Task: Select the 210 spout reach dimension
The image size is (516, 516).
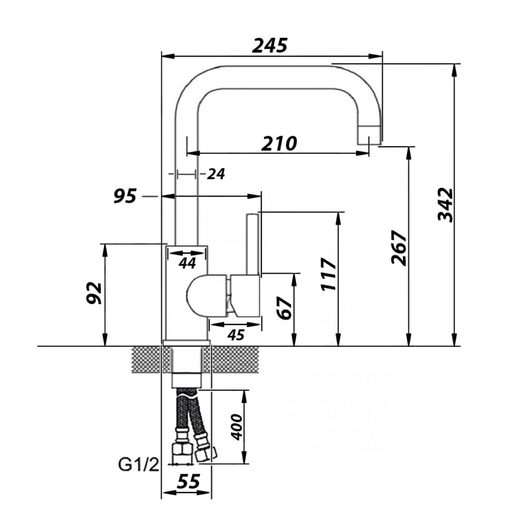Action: (x=279, y=143)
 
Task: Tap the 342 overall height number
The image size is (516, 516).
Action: (x=446, y=205)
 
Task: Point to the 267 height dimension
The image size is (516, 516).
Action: (x=399, y=248)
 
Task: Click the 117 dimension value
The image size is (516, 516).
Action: (x=329, y=274)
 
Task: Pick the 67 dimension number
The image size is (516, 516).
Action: (x=284, y=308)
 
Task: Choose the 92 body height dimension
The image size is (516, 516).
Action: (x=94, y=293)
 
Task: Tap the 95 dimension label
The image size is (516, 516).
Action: (x=125, y=196)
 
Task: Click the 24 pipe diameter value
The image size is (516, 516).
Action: (x=216, y=174)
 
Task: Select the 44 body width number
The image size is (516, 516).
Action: (x=187, y=263)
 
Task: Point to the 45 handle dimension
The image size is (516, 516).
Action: (x=236, y=335)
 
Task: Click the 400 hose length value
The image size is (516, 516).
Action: (x=237, y=427)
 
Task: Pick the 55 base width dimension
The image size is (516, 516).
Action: (x=188, y=481)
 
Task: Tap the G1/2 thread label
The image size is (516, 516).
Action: (x=138, y=465)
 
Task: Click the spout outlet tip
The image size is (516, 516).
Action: (x=369, y=136)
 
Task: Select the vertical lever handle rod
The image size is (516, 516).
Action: (x=253, y=244)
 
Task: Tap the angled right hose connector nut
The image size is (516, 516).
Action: (x=205, y=453)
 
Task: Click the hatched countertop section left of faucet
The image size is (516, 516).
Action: (x=147, y=359)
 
